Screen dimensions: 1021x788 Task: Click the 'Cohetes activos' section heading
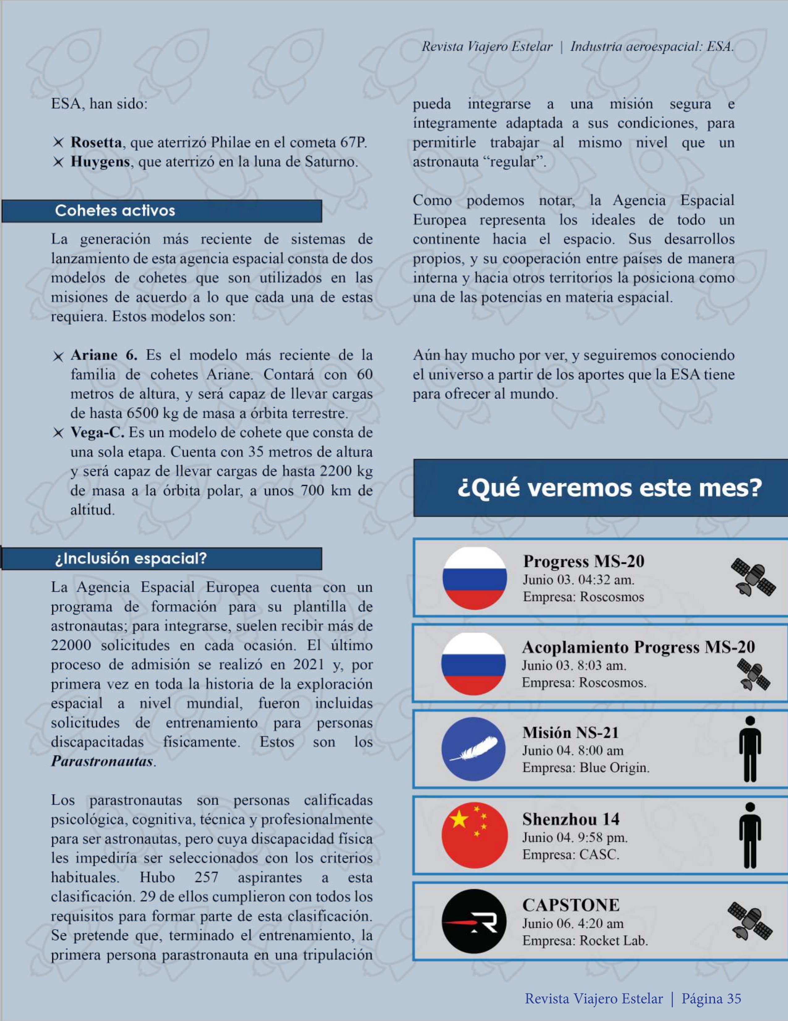[115, 211]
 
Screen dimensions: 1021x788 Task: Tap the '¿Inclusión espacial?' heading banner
[131, 558]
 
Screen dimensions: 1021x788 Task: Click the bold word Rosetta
[96, 142]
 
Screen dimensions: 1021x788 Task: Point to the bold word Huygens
[100, 162]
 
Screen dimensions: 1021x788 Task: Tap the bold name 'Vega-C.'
[97, 432]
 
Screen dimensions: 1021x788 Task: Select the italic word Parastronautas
[102, 761]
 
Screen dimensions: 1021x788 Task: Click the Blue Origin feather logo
[474, 749]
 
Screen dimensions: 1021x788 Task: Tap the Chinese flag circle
[475, 835]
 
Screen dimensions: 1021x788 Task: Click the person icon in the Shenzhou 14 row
[750, 835]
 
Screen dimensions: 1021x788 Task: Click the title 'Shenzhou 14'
[571, 819]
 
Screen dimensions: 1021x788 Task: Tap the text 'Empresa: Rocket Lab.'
[585, 941]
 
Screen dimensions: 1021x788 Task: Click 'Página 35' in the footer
[711, 998]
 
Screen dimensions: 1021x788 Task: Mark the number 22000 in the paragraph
[71, 646]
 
